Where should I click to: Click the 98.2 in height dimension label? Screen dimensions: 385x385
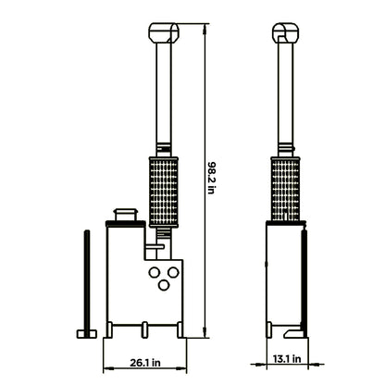(210, 178)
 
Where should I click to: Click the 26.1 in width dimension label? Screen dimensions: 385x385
(145, 363)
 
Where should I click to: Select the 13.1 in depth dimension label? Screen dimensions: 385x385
(287, 359)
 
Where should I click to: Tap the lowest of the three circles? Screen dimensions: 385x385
(164, 285)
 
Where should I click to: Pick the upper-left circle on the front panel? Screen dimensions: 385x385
(154, 272)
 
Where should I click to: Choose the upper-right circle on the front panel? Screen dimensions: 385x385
(173, 272)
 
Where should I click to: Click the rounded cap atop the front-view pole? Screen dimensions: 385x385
(164, 32)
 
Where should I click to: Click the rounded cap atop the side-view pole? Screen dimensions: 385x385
(285, 32)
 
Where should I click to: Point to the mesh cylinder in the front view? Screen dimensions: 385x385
(164, 192)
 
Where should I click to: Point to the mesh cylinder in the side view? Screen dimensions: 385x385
(285, 189)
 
